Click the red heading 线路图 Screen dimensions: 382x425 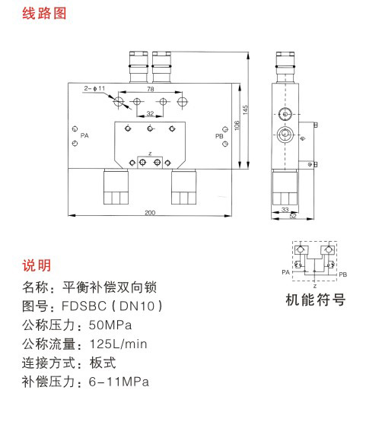[x=44, y=13]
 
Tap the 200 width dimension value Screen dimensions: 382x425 [x=150, y=213]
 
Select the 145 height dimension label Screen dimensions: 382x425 [x=245, y=109]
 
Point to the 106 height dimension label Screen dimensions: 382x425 [x=237, y=125]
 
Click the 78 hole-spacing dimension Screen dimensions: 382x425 [x=151, y=89]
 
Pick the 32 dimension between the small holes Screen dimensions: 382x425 [x=150, y=113]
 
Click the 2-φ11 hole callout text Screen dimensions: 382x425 [x=94, y=88]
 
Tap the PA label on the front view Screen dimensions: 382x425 [x=84, y=135]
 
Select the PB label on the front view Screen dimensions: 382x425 [x=219, y=136]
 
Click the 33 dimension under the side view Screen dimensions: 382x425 [x=285, y=210]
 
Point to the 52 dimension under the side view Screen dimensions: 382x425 [x=293, y=216]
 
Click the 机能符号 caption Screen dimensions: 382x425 [x=315, y=300]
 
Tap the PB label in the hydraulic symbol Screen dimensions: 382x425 [x=343, y=274]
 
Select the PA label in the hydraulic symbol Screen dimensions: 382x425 [x=286, y=272]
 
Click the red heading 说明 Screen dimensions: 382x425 [x=37, y=265]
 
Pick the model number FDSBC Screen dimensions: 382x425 [x=84, y=306]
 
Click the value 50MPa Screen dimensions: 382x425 [x=110, y=325]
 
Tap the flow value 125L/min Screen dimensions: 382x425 [x=118, y=344]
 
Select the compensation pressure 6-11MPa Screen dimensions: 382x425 [x=119, y=382]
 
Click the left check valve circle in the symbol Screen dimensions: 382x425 [x=301, y=249]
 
